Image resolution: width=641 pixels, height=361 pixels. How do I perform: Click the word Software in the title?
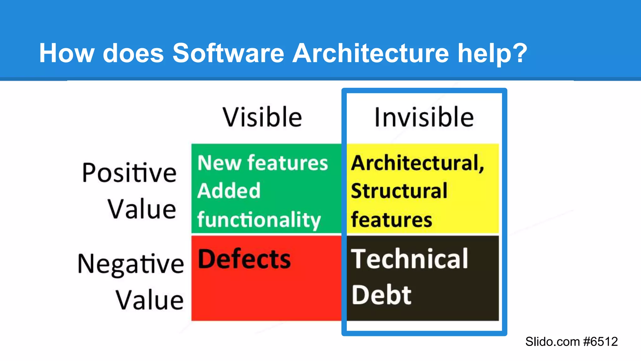(228, 53)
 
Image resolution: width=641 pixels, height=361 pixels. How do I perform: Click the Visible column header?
(262, 117)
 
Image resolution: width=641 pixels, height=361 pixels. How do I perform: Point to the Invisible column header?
(424, 117)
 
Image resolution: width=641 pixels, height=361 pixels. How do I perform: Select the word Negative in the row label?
(131, 264)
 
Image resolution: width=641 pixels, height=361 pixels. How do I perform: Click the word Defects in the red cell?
(244, 259)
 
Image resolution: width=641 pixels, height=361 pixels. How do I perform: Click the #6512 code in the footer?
(601, 342)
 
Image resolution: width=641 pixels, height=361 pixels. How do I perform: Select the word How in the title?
(67, 53)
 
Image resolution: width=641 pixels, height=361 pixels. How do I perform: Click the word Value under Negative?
(150, 300)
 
